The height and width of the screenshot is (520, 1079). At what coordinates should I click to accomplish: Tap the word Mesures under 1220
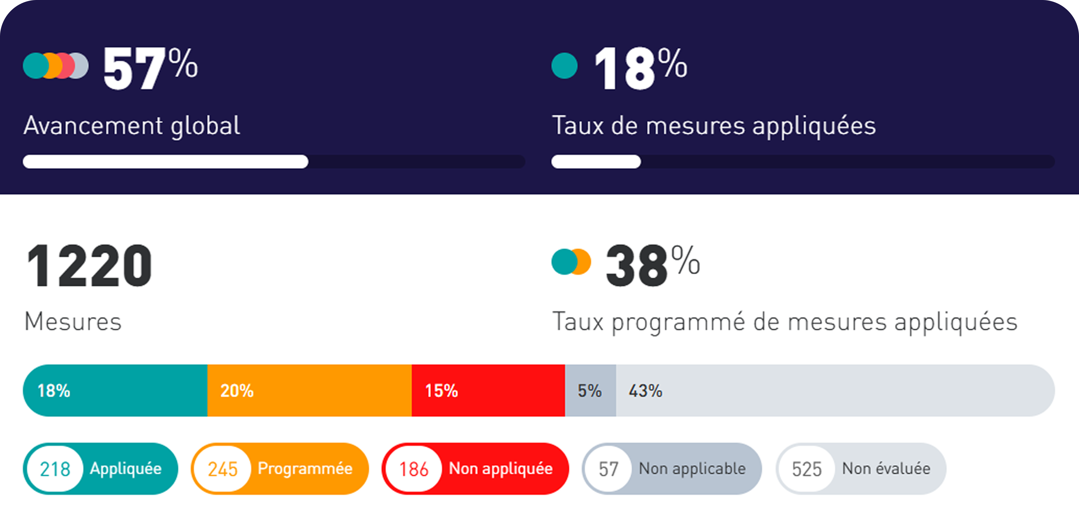[x=73, y=322]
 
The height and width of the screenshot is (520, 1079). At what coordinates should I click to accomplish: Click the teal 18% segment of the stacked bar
[x=115, y=390]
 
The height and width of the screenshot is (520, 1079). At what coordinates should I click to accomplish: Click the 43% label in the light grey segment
[x=645, y=390]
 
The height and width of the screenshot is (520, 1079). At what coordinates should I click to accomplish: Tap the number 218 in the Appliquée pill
[x=55, y=469]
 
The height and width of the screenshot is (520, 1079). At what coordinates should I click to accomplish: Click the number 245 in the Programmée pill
[x=223, y=469]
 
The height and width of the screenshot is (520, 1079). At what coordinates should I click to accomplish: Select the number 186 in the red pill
[x=413, y=469]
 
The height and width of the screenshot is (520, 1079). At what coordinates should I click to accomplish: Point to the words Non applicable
[x=692, y=469]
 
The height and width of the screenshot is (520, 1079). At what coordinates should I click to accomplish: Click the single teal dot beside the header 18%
[x=564, y=66]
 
